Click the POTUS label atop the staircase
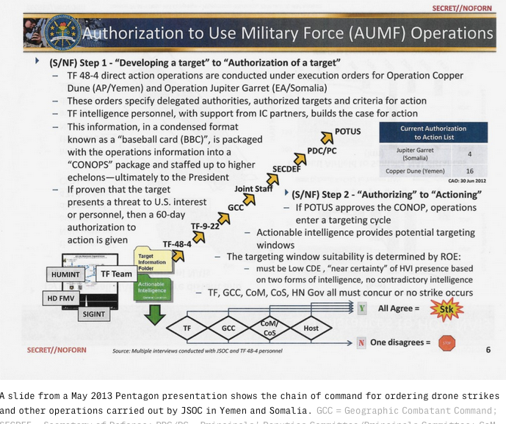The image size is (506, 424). tap(347, 132)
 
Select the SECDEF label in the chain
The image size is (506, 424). tap(286, 168)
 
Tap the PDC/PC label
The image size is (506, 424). tap(322, 151)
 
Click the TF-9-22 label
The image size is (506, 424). tap(205, 226)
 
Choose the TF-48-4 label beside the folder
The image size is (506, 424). tap(177, 243)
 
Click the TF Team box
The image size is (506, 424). tap(116, 274)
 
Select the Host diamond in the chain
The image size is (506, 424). tap(312, 328)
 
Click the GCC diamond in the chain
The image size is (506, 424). tap(228, 328)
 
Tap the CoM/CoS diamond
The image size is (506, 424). tap(269, 328)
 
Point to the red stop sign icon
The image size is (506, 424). tap(447, 342)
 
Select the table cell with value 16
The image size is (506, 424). tap(469, 170)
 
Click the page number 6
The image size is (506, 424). tap(488, 350)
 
